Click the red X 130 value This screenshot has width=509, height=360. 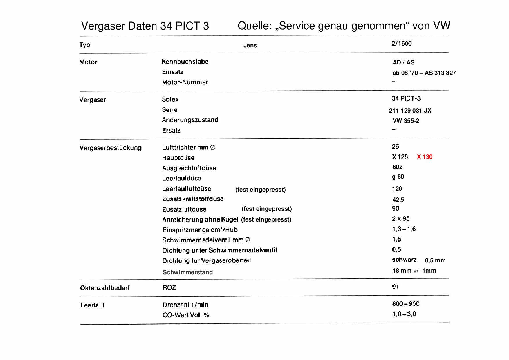[x=425, y=157]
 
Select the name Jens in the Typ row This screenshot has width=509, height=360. [x=250, y=45]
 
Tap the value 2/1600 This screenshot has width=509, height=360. [x=401, y=44]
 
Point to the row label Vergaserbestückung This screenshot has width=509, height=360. [x=110, y=148]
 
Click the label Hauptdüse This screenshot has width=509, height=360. [x=178, y=158]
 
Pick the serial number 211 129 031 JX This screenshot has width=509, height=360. [x=410, y=111]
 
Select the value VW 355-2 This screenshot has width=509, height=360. [x=406, y=121]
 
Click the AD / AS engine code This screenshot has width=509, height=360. [x=403, y=62]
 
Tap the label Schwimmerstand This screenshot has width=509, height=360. [x=187, y=272]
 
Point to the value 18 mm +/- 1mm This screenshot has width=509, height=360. [x=414, y=271]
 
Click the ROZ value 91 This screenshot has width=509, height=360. [x=395, y=287]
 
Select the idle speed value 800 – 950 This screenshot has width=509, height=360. [x=406, y=304]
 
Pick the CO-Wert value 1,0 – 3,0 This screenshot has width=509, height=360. [x=404, y=314]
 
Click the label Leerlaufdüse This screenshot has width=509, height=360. [x=181, y=178]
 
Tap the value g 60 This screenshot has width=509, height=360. [x=398, y=177]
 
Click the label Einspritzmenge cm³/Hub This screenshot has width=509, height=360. [x=200, y=230]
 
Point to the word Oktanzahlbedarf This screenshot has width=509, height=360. [x=104, y=288]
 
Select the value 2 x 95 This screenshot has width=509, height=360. [x=400, y=219]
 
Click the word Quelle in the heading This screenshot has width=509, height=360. [x=254, y=26]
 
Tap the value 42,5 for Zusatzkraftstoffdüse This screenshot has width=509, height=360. [x=398, y=200]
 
